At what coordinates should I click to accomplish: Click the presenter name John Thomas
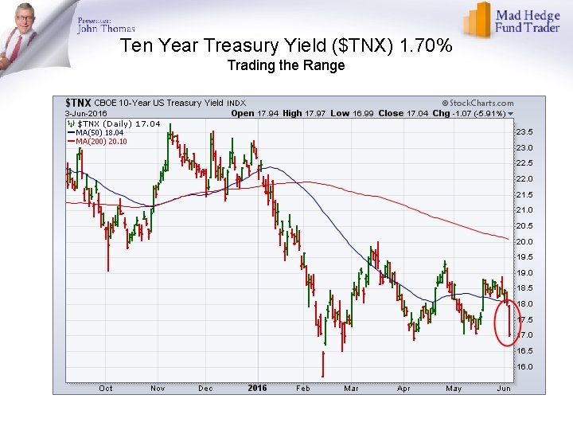106,29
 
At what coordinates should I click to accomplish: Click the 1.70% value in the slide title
427,46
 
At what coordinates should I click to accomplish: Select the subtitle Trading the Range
286,65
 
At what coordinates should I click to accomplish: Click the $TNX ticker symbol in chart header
77,103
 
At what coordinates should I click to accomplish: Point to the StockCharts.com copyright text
477,103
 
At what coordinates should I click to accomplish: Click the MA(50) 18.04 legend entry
100,132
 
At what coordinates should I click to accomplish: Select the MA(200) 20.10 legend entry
102,141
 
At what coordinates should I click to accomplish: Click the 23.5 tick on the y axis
524,132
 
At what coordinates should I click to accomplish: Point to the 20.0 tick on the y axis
524,241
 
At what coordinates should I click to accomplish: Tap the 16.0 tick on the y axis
524,366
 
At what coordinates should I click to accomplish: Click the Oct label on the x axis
105,388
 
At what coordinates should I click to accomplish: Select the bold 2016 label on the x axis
257,388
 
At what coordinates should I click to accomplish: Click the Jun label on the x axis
504,388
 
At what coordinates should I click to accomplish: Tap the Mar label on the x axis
351,388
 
